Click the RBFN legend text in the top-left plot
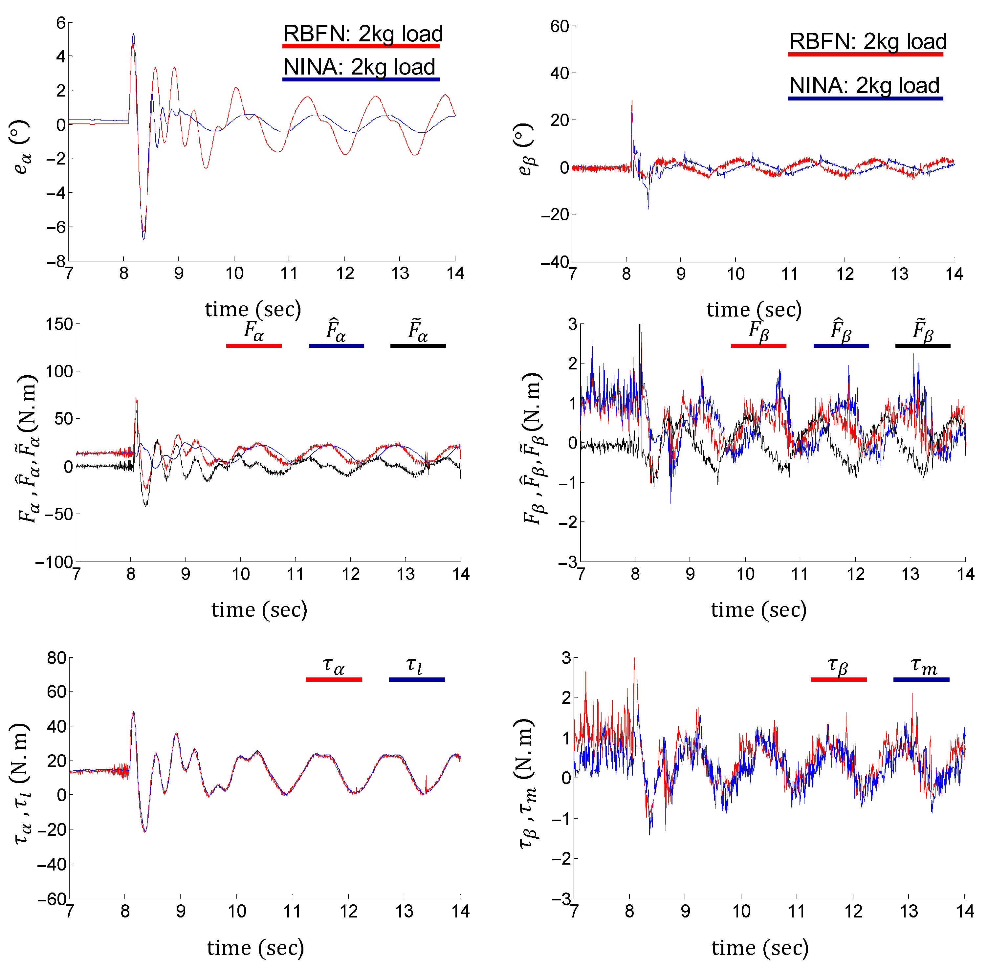362,34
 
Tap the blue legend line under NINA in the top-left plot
361,79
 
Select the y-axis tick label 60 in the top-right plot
559,27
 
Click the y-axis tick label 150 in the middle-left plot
59,324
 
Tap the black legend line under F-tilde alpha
418,346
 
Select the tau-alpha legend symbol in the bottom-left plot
334,666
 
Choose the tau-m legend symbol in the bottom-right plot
923,666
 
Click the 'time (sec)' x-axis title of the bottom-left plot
255,948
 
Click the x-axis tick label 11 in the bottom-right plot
797,911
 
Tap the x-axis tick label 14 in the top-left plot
455,274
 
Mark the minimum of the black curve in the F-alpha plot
145,505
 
